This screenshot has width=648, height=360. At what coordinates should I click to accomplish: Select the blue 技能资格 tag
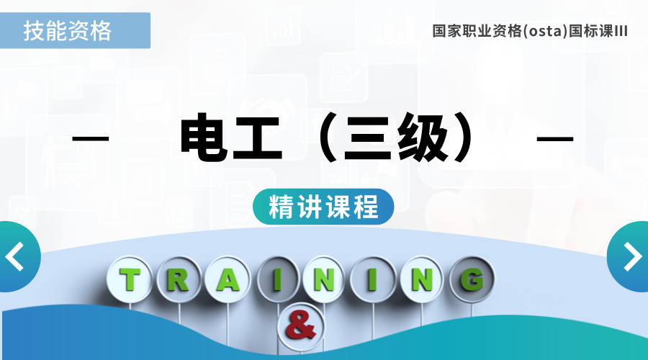[75, 30]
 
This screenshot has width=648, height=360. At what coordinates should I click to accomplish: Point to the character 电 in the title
[204, 137]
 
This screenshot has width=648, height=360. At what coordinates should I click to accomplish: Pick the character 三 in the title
[367, 138]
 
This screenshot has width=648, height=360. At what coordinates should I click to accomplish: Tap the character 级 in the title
[423, 138]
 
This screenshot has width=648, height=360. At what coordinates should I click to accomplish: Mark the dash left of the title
[91, 138]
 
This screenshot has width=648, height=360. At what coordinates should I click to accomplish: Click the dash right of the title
[554, 138]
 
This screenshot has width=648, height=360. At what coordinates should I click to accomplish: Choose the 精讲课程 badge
[323, 207]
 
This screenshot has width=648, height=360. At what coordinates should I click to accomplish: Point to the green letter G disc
[472, 279]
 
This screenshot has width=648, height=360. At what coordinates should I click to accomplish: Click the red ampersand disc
[300, 327]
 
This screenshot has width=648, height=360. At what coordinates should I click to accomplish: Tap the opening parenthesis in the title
[326, 138]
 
